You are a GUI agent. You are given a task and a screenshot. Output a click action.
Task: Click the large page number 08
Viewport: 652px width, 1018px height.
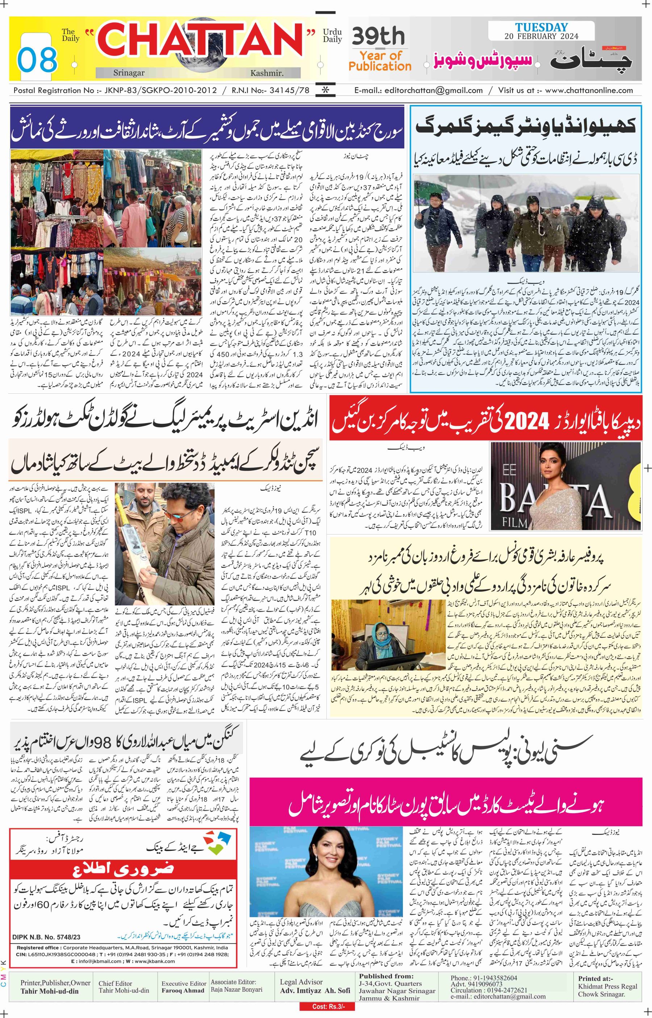pos(37,59)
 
